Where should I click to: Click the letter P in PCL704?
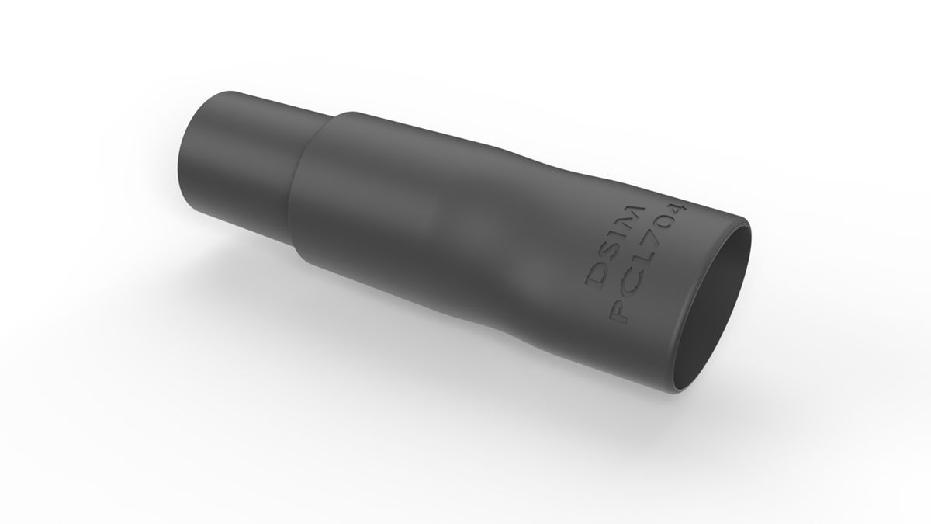point(620,312)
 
